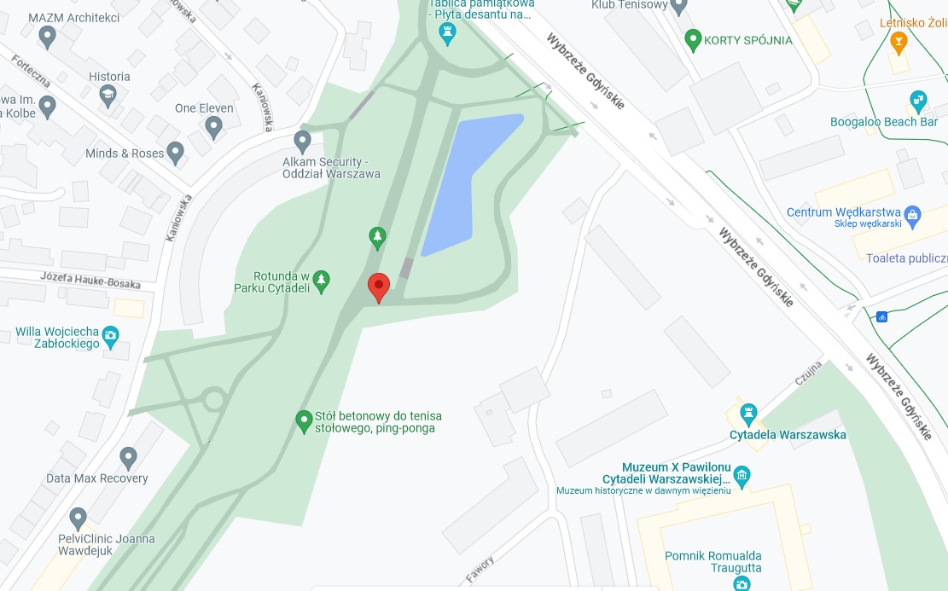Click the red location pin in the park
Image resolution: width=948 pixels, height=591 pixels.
tap(378, 287)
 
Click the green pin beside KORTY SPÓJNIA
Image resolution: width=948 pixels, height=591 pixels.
tap(693, 39)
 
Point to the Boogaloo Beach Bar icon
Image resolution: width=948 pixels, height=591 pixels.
tap(918, 101)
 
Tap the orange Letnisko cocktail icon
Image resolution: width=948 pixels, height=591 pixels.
tap(898, 41)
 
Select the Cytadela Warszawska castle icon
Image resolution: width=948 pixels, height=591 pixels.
tap(749, 414)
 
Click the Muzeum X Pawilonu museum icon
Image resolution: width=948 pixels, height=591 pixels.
tap(742, 475)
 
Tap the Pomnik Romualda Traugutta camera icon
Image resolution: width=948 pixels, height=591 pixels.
tap(742, 583)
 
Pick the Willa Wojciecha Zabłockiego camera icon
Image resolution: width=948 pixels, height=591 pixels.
tap(110, 336)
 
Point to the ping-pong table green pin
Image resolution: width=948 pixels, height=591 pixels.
tap(303, 420)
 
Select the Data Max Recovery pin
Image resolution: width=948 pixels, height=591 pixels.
tap(129, 458)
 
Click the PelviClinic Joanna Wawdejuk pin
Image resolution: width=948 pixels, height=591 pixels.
tap(79, 517)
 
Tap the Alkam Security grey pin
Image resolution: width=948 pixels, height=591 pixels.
tap(302, 141)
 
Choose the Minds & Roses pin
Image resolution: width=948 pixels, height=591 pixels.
tap(176, 154)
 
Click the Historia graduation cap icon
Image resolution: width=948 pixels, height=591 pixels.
tap(108, 96)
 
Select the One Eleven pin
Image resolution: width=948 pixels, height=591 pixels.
tap(214, 128)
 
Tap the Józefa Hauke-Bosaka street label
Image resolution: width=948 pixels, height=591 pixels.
tap(90, 279)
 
